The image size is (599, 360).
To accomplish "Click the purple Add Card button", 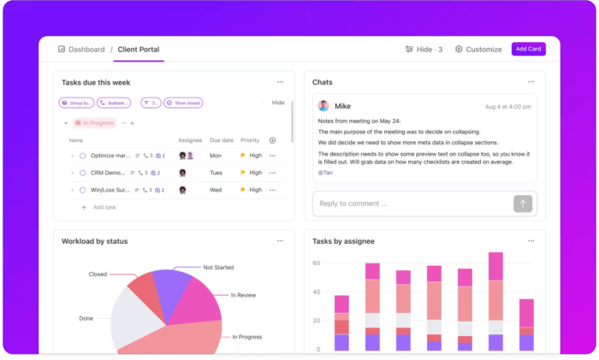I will pyautogui.click(x=528, y=49).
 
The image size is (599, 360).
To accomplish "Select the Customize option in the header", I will pyautogui.click(x=478, y=50).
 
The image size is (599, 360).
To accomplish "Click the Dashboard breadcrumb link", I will pyautogui.click(x=81, y=50).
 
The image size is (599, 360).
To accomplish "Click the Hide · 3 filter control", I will pyautogui.click(x=424, y=50).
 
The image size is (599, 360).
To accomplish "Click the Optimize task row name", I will pyautogui.click(x=110, y=156).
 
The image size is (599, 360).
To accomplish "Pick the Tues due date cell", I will pyautogui.click(x=216, y=173).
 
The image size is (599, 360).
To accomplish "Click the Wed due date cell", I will pyautogui.click(x=216, y=190).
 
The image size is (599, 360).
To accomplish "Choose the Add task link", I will pyautogui.click(x=104, y=207).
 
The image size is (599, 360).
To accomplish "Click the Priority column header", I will pyautogui.click(x=250, y=140).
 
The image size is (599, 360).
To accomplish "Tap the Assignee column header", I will pyautogui.click(x=190, y=140).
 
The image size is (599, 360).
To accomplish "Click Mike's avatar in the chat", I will pyautogui.click(x=323, y=106).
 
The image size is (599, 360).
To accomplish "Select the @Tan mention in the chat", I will pyautogui.click(x=325, y=172).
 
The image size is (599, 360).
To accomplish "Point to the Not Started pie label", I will pyautogui.click(x=219, y=267).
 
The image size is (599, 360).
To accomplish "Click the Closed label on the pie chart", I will pyautogui.click(x=98, y=274).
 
